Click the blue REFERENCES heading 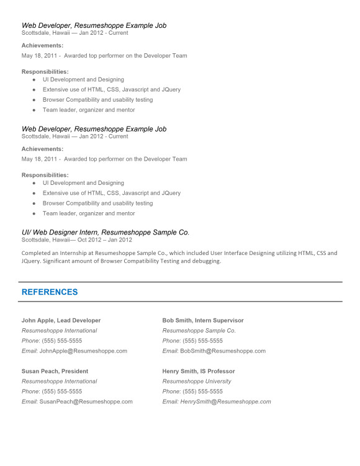point(50,292)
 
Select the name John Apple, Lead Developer point(61,321)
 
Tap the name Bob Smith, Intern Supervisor point(203,321)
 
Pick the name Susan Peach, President point(55,372)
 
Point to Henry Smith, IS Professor point(199,372)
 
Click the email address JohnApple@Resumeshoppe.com point(83,351)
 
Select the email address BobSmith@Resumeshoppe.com point(223,351)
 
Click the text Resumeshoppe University point(197,382)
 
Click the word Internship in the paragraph point(72,253)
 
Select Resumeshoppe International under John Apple point(59,331)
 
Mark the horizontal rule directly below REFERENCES point(180,302)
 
